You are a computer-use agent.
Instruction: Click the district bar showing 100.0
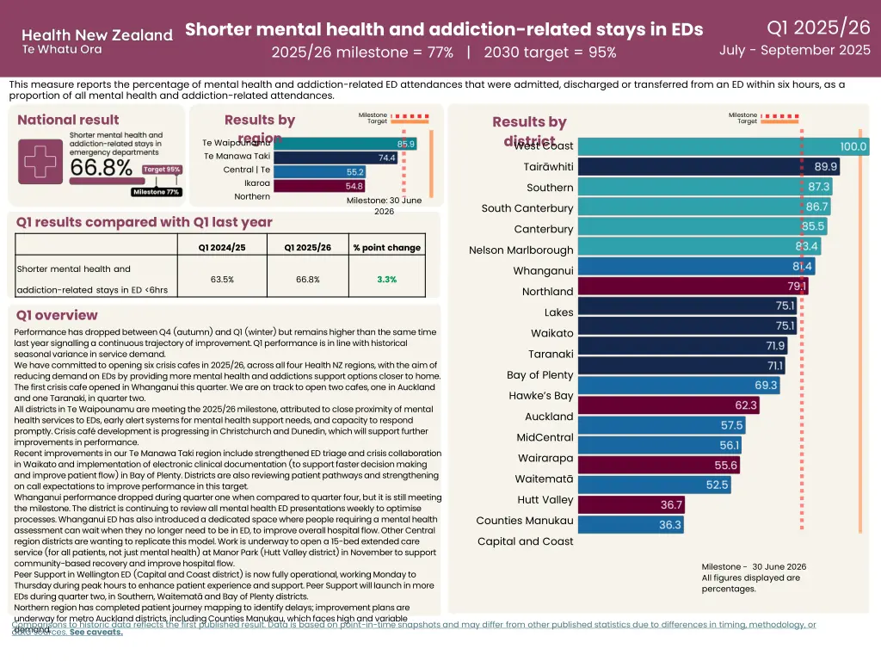(x=724, y=147)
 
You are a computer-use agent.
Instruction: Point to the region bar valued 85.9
(x=323, y=144)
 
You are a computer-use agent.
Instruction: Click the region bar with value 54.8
(x=297, y=185)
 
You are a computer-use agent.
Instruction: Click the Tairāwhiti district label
(x=548, y=167)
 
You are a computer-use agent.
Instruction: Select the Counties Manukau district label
(x=525, y=521)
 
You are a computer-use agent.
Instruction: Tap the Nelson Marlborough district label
(x=521, y=250)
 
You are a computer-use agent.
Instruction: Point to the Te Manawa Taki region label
(x=237, y=156)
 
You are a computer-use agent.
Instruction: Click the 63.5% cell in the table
(x=222, y=279)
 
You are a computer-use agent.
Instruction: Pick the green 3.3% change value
(x=386, y=279)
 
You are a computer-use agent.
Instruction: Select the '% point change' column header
(x=386, y=248)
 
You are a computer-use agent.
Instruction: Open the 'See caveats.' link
(x=96, y=632)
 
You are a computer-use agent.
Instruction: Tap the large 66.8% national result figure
(x=102, y=167)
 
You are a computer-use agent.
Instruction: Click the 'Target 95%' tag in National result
(x=162, y=170)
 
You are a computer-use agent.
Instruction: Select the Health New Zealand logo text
(x=96, y=36)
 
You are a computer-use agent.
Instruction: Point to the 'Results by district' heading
(x=529, y=131)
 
